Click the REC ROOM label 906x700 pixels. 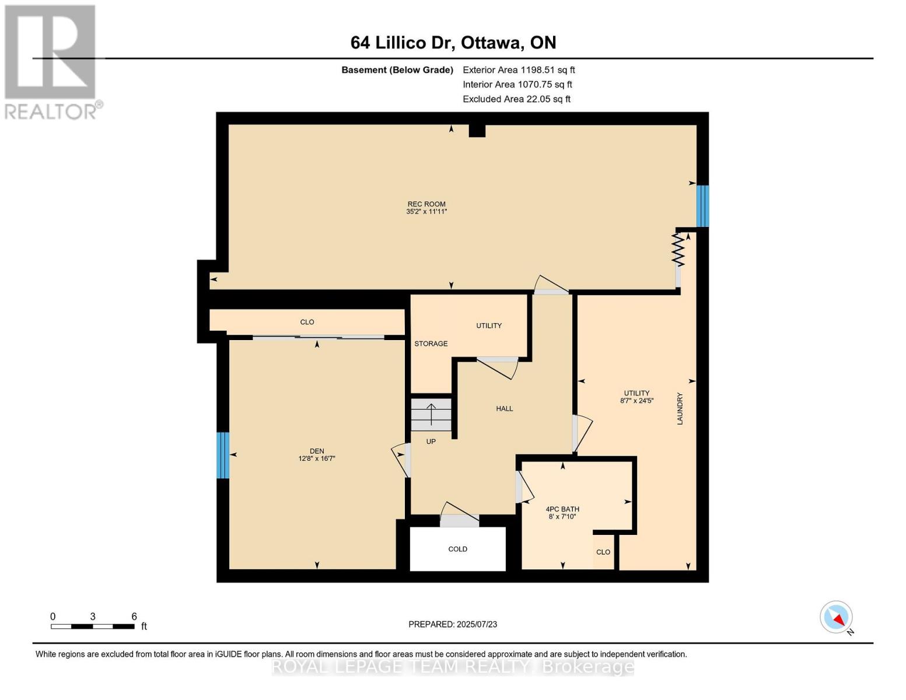pyautogui.click(x=426, y=204)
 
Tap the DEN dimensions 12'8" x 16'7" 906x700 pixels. pyautogui.click(x=317, y=459)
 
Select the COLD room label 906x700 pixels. pyautogui.click(x=458, y=549)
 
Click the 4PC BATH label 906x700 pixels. pyautogui.click(x=562, y=509)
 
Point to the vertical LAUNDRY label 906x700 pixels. pyautogui.click(x=680, y=408)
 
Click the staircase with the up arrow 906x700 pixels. pyautogui.click(x=431, y=415)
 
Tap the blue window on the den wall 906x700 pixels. pyautogui.click(x=223, y=455)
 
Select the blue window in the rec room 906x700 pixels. pyautogui.click(x=702, y=206)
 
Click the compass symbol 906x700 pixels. pyautogui.click(x=837, y=617)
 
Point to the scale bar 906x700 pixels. pyautogui.click(x=93, y=626)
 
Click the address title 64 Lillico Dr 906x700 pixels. pyautogui.click(x=453, y=43)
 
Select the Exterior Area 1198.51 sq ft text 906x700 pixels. pyautogui.click(x=519, y=70)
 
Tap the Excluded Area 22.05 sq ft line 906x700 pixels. pyautogui.click(x=516, y=99)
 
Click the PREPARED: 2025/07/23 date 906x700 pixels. pyautogui.click(x=453, y=624)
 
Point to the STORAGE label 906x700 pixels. pyautogui.click(x=431, y=344)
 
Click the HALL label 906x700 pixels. pyautogui.click(x=505, y=408)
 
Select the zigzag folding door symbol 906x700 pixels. pyautogui.click(x=678, y=250)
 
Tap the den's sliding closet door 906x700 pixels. pyautogui.click(x=319, y=337)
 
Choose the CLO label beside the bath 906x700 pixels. pyautogui.click(x=603, y=552)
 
